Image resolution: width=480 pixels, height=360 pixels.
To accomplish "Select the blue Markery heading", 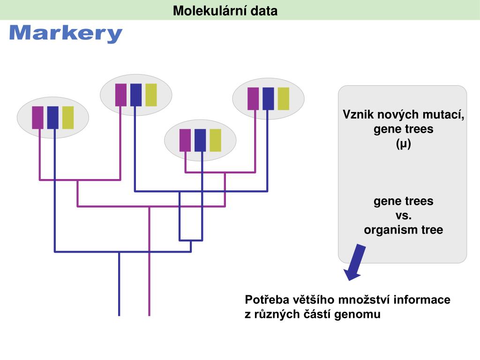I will (66, 34).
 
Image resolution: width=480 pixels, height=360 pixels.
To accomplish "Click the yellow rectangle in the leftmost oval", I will (68, 118).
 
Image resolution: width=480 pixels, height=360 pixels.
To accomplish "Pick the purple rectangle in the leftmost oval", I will (38, 118).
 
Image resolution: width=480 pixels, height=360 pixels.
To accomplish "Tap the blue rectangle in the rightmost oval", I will (268, 98).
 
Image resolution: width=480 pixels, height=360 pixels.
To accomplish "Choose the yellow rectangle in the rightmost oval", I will (284, 98).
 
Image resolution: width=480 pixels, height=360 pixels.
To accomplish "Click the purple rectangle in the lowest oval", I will (185, 140).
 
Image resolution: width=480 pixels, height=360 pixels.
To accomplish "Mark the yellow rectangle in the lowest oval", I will (215, 140).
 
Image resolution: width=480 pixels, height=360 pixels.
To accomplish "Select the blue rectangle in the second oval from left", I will (136, 94).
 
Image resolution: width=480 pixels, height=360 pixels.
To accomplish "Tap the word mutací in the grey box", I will (447, 114).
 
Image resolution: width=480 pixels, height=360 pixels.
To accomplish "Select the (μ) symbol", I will (403, 144).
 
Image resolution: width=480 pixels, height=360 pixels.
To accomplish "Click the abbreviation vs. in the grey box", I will (403, 216).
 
